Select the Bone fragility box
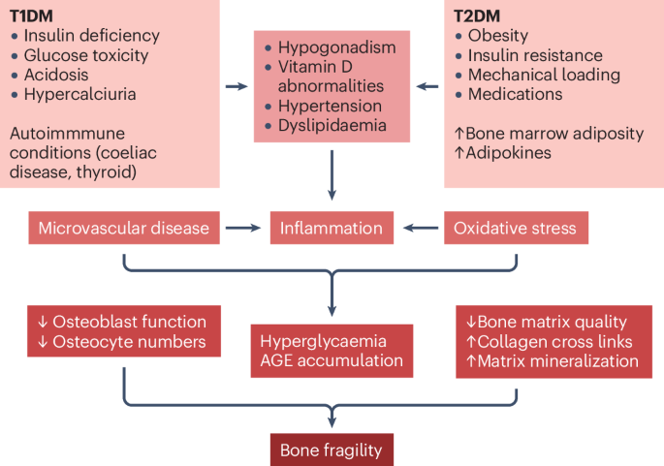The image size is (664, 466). (x=332, y=450)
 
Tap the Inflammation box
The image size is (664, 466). (x=332, y=229)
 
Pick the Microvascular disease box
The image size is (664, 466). (x=123, y=229)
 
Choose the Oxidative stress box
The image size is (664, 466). (x=515, y=229)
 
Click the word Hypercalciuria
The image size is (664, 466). (x=79, y=95)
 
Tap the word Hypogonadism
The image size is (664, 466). (x=331, y=47)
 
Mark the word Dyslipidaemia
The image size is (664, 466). (x=332, y=125)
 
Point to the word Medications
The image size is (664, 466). (x=515, y=95)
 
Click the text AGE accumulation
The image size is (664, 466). (x=331, y=360)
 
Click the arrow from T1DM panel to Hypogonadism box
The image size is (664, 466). (x=236, y=87)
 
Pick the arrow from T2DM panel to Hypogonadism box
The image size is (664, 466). (x=427, y=87)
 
